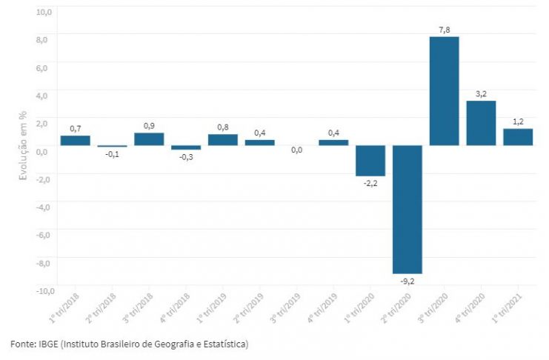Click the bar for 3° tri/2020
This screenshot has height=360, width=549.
click(444, 90)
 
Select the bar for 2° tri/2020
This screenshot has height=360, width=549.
click(407, 209)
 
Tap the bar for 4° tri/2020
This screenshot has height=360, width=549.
click(481, 123)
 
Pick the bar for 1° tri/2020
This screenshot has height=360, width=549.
click(370, 161)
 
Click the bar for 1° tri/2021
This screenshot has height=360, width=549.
click(518, 137)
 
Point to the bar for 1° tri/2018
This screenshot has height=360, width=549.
click(75, 140)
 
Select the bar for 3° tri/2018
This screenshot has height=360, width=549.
click(149, 139)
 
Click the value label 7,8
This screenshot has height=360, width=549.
click(444, 30)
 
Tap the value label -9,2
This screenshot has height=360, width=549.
click(407, 281)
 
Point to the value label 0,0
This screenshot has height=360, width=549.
click(296, 150)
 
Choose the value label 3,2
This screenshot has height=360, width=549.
click(481, 94)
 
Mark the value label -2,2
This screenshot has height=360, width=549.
click(370, 184)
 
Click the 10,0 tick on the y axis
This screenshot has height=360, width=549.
click(42, 12)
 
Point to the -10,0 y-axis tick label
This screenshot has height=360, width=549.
click(41, 290)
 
